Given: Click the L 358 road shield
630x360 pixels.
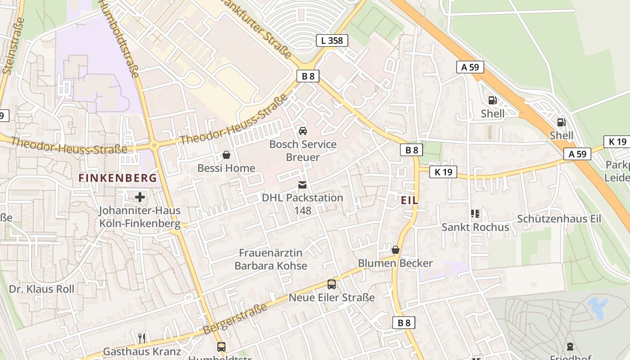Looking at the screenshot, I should [332, 40].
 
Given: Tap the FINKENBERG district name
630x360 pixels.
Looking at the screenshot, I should [118, 178].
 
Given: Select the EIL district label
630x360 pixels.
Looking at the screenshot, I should [409, 201].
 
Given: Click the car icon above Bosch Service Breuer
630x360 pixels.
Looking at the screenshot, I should [303, 131].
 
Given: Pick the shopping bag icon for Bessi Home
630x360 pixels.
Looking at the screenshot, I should [226, 155].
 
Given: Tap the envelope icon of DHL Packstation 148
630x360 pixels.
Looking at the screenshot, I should [302, 185].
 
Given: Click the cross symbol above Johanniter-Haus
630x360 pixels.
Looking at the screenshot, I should [140, 197].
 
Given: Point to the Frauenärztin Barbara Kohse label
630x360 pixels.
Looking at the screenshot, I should [270, 259].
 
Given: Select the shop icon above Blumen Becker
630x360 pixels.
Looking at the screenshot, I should [395, 250].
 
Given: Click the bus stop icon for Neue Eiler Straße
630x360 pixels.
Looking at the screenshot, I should [332, 284].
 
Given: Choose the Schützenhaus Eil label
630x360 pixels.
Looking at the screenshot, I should [559, 219].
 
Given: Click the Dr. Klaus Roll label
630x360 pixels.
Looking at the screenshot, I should [42, 289].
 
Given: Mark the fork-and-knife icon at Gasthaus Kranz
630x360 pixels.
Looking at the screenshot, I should [142, 338].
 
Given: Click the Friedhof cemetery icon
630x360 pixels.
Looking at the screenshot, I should [570, 346].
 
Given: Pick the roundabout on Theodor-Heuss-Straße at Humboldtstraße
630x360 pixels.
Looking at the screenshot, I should [154, 145].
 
